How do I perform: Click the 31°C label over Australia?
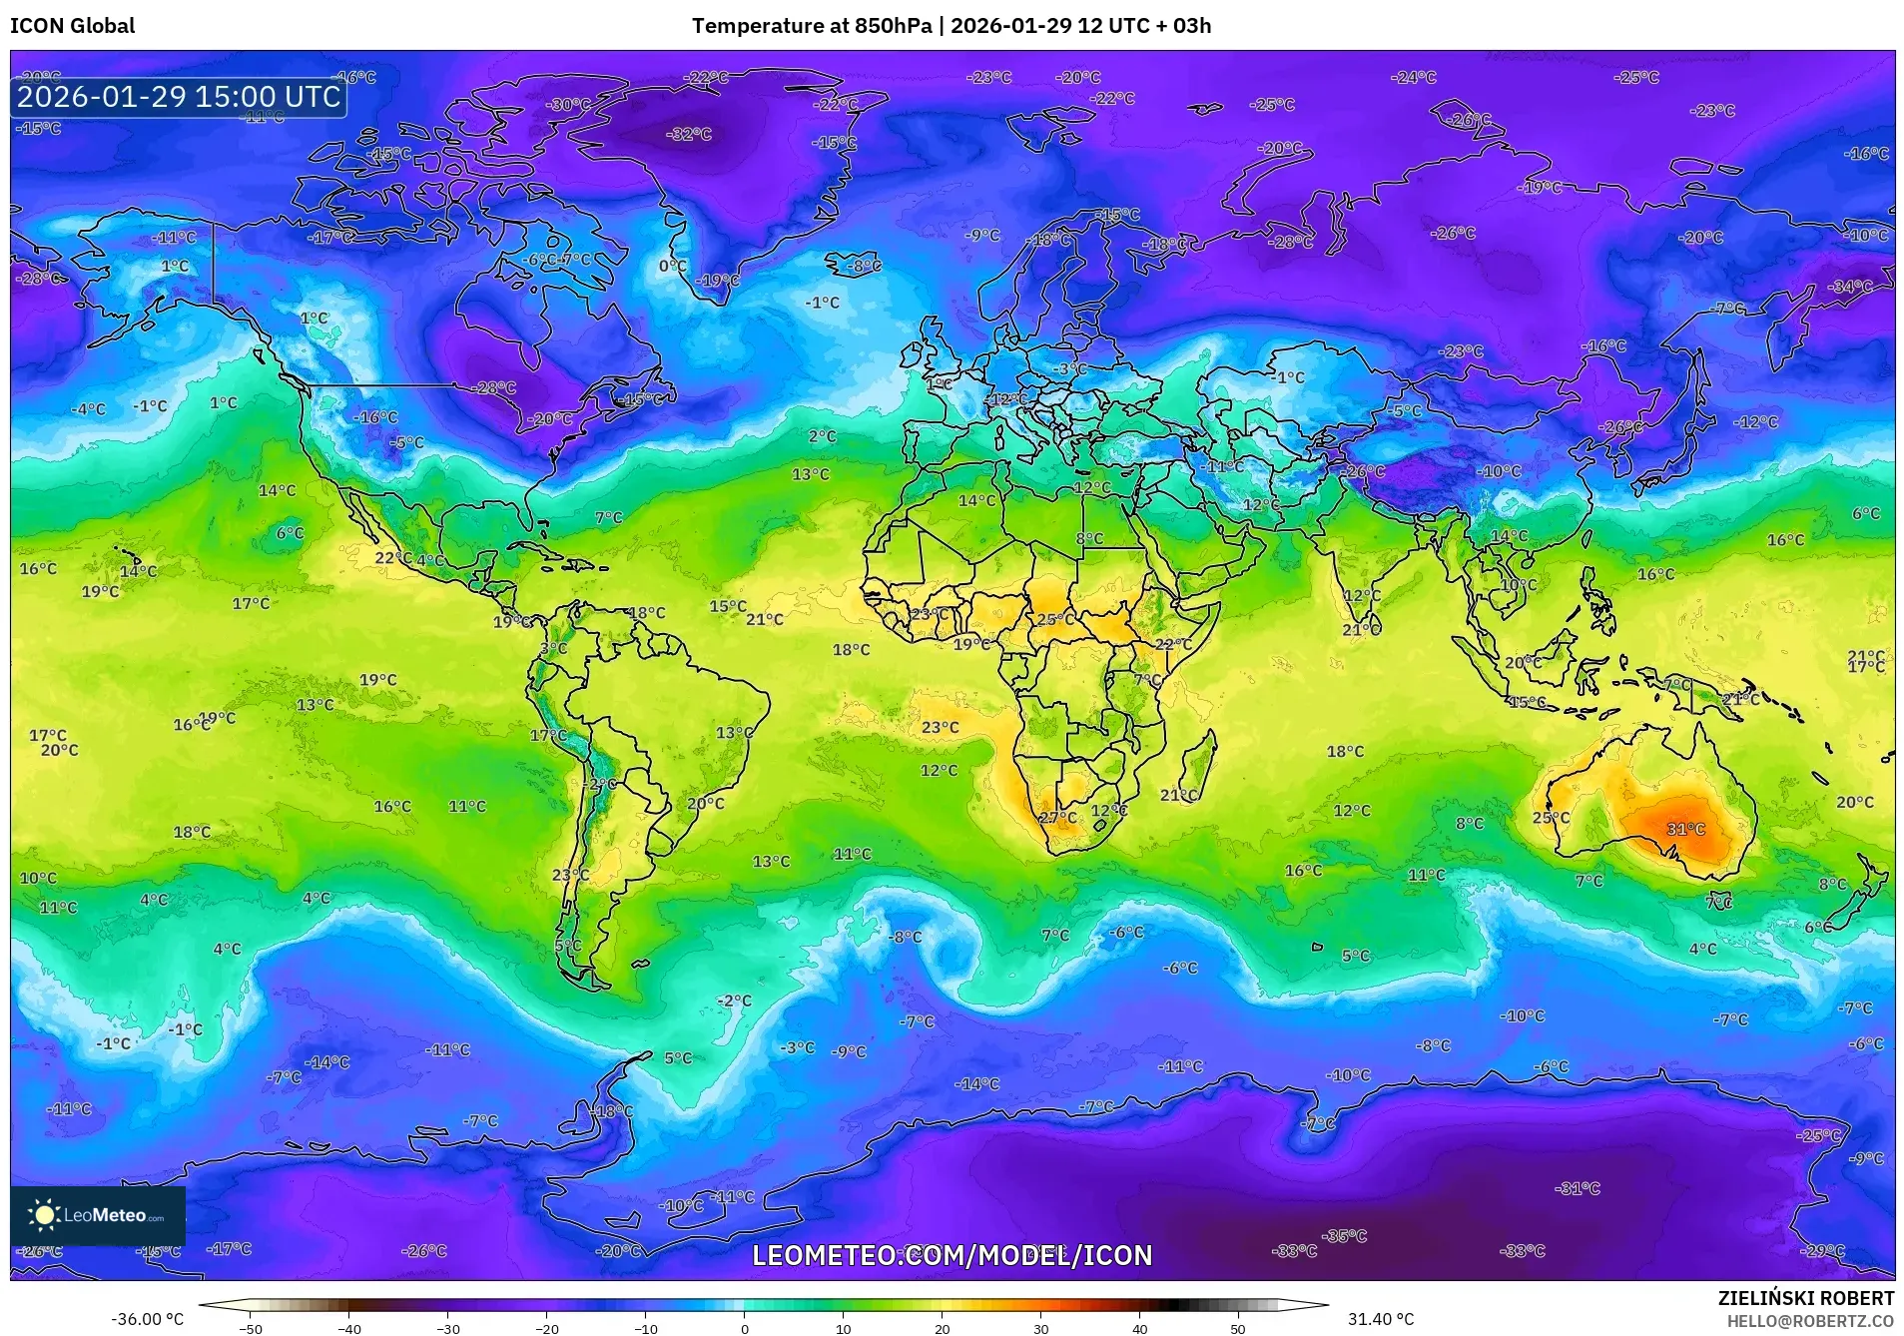[1685, 830]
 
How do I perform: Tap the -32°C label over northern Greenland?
[689, 134]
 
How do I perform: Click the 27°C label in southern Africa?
[1058, 818]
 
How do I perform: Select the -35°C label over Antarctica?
[1344, 1236]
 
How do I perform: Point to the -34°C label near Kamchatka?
[1850, 287]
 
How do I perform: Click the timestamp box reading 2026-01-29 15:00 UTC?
[179, 97]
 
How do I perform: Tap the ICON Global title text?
[72, 26]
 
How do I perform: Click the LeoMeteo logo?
[97, 1215]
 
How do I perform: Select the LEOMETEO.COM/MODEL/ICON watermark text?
[952, 1255]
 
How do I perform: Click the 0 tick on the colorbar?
[744, 1328]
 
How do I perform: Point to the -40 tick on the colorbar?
[348, 1328]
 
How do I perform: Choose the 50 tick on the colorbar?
[1237, 1328]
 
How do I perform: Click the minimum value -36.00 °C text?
[147, 1319]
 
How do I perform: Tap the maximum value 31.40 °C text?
[1380, 1319]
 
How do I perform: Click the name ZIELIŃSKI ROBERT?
[1805, 1299]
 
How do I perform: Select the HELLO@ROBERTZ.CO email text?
[1810, 1321]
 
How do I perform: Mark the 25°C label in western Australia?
[1551, 818]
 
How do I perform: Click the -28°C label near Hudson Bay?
[495, 387]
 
